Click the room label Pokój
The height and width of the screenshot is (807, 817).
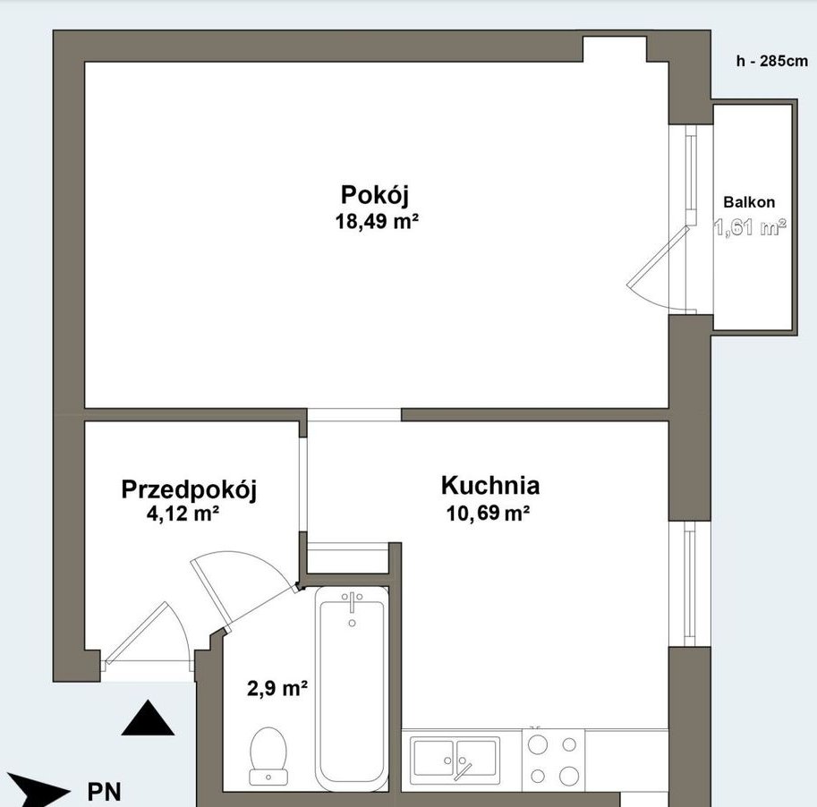tap(374, 195)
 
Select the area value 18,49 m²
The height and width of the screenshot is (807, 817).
tap(378, 221)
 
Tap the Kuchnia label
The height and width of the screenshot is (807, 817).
tap(490, 486)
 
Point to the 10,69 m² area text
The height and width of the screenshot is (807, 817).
tap(489, 514)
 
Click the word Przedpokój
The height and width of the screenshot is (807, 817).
tap(189, 490)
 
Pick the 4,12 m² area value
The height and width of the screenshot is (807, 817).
tap(183, 514)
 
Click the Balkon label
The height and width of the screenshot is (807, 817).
tap(749, 202)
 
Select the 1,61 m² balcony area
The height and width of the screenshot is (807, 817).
tap(750, 227)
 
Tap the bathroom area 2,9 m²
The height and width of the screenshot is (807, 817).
tap(277, 689)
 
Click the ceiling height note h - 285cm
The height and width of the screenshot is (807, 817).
tap(771, 61)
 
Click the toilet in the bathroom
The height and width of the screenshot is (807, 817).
tap(268, 756)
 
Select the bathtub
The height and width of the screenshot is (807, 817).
tap(352, 691)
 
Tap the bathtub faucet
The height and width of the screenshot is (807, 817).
tap(353, 604)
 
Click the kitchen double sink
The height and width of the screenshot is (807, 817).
tap(455, 760)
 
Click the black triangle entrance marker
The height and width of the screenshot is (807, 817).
tap(148, 718)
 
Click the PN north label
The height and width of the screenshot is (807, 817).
tap(104, 792)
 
